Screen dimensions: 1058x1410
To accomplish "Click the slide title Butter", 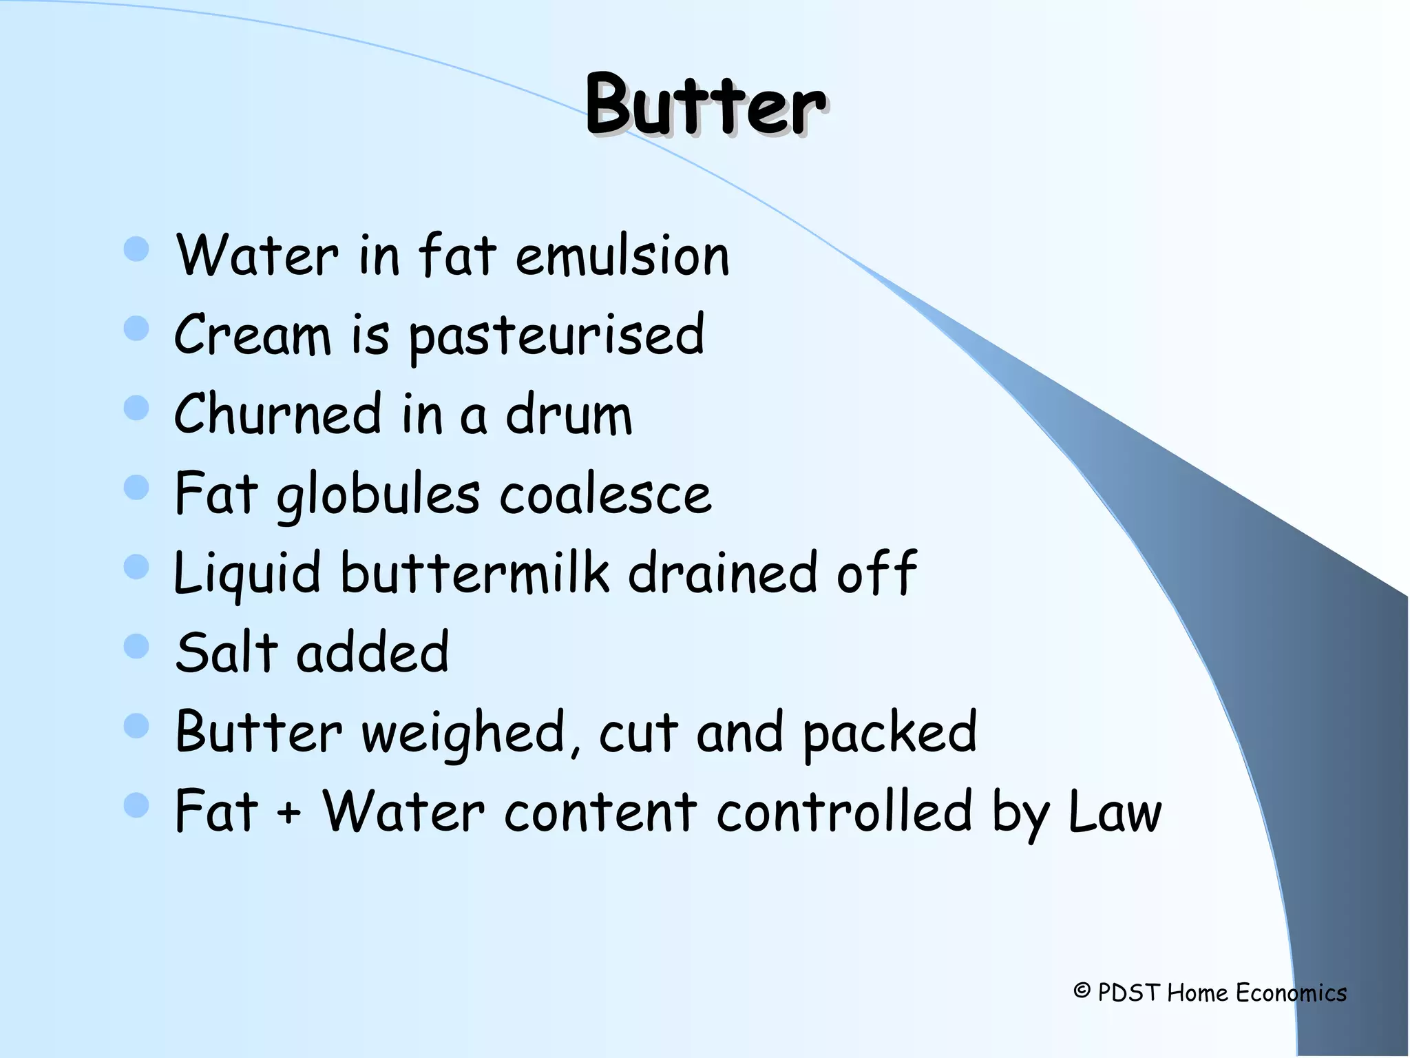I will (x=705, y=105).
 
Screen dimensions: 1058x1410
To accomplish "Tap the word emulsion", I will (x=622, y=256).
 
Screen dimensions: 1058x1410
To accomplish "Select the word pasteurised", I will (x=556, y=335).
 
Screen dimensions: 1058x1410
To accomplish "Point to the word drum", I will (x=569, y=414).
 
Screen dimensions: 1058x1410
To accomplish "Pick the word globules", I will (x=378, y=495).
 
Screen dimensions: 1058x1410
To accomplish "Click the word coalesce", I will (x=605, y=495).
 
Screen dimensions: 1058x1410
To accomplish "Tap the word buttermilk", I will (x=474, y=572).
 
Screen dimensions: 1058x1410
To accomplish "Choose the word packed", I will (x=890, y=732).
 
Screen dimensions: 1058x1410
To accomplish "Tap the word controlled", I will (x=844, y=811).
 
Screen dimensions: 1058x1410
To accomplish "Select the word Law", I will (x=1115, y=811).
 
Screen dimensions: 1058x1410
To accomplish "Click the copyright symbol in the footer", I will (x=1082, y=991).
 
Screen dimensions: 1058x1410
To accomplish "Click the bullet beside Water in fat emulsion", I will (x=136, y=249).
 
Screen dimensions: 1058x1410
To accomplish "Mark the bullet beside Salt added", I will (x=136, y=646).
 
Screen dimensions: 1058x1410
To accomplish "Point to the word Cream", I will (x=252, y=335).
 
